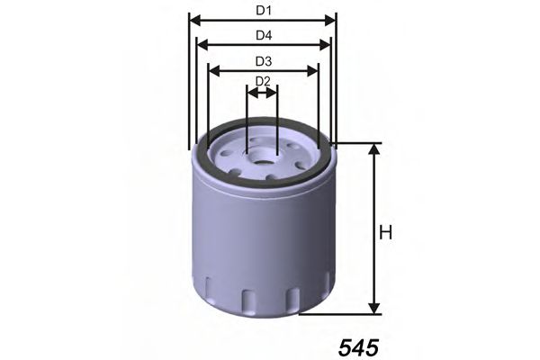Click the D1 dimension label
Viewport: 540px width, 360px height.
264,11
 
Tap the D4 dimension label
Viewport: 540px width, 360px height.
264,35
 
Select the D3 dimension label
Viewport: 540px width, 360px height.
264,61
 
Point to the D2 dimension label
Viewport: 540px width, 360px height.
263,81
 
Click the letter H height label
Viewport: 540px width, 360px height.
385,232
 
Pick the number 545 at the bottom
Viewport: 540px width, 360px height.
358,347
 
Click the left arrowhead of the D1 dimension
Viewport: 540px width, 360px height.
195,21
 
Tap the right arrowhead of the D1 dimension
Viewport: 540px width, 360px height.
330,21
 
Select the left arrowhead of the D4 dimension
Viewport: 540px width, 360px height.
202,44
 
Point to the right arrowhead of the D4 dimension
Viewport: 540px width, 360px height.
325,44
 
